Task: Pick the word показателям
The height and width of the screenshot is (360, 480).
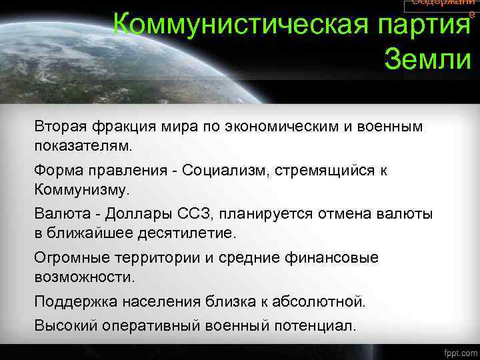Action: [x=84, y=145]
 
